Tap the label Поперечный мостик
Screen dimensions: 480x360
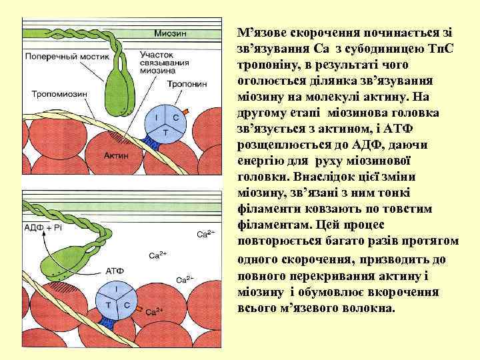pos(57,57)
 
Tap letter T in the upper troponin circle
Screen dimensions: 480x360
pos(165,133)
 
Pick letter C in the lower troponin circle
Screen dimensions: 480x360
pos(127,304)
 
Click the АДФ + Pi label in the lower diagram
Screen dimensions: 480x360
pos(42,227)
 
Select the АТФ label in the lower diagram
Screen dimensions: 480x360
pos(115,271)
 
